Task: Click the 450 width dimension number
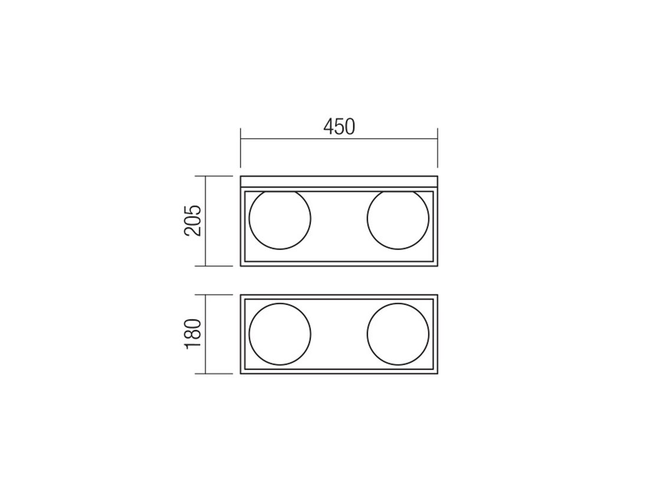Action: tap(339, 127)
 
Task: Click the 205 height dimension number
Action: tap(193, 220)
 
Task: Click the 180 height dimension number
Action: tap(193, 334)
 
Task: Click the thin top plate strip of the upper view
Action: tap(339, 181)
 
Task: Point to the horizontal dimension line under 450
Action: tap(339, 139)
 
